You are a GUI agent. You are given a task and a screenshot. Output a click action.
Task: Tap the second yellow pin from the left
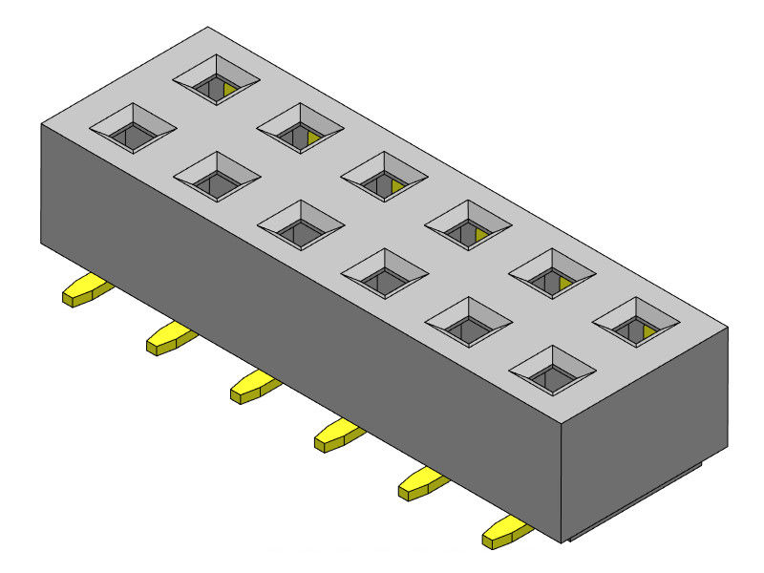[169, 339]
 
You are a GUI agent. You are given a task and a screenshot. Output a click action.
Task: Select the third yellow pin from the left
[253, 387]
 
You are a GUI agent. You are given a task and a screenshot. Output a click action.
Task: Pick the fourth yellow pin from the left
[337, 435]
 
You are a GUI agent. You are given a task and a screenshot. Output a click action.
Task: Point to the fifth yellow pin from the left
[421, 484]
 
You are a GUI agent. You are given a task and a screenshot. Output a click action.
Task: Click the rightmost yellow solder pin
[505, 532]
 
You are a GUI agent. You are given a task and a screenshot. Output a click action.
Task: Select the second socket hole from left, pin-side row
[217, 180]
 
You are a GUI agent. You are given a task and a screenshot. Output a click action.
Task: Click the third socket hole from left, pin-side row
[301, 227]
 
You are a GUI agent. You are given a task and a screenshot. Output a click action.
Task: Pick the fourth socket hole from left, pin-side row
[385, 276]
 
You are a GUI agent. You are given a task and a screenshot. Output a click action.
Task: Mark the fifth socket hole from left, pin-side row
[468, 325]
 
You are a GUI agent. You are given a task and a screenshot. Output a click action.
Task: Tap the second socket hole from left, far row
[300, 131]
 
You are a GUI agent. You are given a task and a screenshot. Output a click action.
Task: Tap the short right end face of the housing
[645, 430]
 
